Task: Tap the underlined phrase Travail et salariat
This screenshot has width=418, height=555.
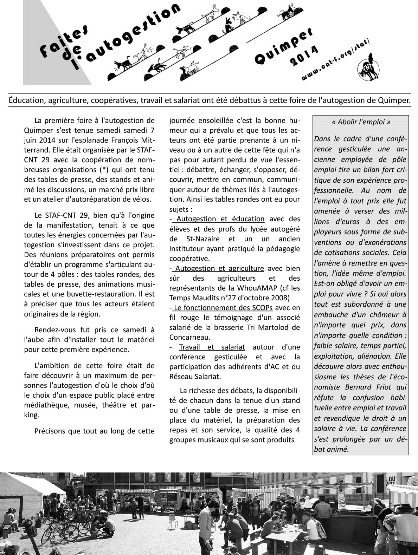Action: pyautogui.click(x=212, y=347)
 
